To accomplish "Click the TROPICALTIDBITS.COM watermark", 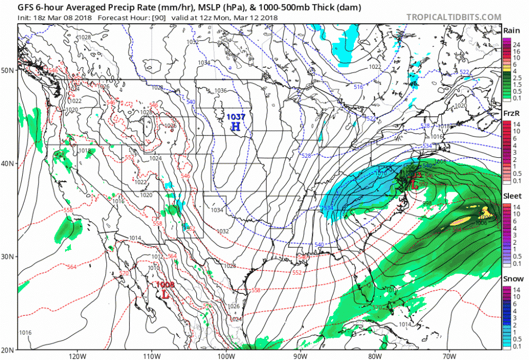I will (x=453, y=17).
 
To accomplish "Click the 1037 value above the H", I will (x=235, y=117).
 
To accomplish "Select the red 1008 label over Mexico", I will (x=166, y=285).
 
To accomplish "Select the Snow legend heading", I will (x=512, y=279).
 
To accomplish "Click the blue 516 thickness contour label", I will (x=358, y=86).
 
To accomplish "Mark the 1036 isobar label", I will (x=221, y=91).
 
